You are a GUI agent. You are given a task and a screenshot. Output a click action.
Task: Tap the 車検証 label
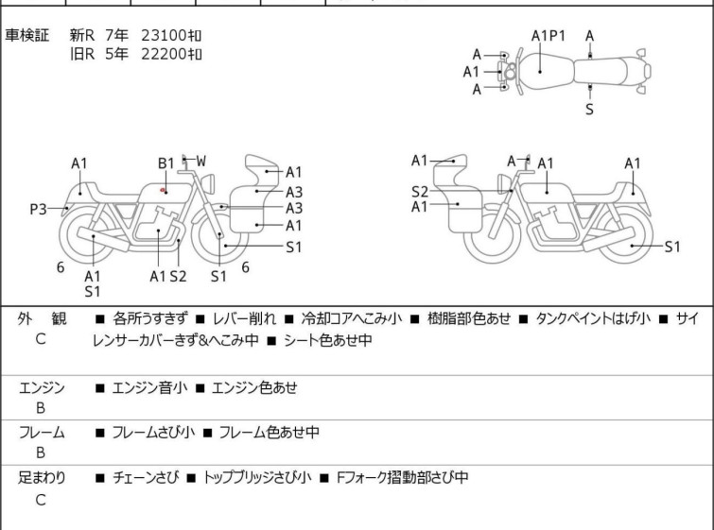tap(26, 35)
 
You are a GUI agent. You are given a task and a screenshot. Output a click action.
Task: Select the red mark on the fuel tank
tap(163, 190)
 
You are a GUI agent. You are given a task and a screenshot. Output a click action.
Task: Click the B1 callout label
tap(166, 162)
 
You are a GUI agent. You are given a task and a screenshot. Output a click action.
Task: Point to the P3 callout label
tap(38, 210)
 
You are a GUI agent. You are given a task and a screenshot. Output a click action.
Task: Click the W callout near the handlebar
tap(200, 161)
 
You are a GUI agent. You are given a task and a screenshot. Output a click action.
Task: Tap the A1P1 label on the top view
tap(549, 36)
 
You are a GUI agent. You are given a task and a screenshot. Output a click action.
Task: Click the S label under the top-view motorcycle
tap(590, 110)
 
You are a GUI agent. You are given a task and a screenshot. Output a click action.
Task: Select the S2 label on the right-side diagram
tap(420, 192)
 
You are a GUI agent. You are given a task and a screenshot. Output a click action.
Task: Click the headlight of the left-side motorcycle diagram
tap(208, 183)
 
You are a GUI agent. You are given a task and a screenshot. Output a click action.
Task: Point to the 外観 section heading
tap(42, 318)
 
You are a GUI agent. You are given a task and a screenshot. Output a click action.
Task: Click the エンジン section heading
tap(42, 388)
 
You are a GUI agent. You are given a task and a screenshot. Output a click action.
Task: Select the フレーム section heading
tap(42, 432)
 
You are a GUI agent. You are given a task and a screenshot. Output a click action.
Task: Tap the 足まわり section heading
tap(42, 477)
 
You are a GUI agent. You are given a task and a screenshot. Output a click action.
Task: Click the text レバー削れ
tap(245, 318)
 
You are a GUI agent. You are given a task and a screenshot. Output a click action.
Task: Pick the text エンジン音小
tap(149, 388)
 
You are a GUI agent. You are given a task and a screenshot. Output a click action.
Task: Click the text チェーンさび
tap(146, 477)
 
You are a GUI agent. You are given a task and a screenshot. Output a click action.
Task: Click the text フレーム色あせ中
tap(270, 432)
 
